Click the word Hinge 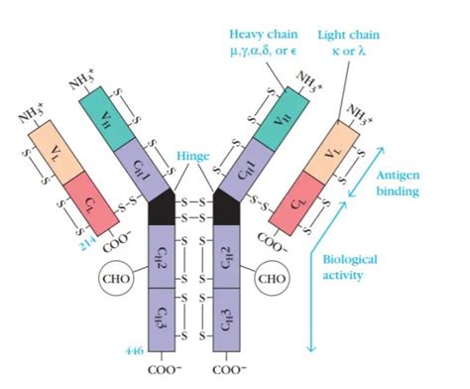tap(194, 156)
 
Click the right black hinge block tap(226, 208)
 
